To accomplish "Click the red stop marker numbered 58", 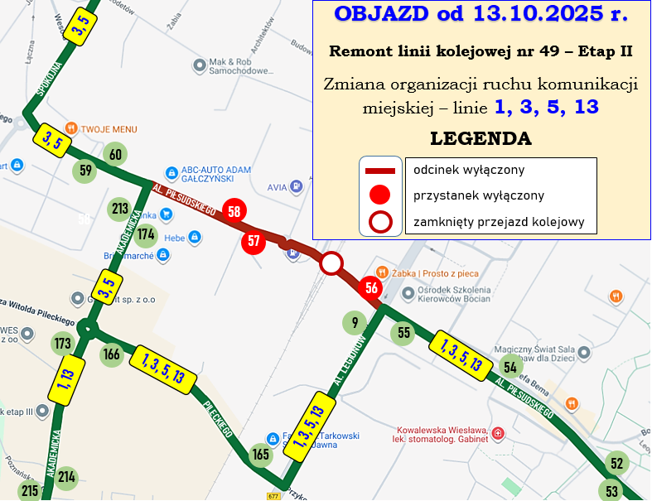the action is point(234,211).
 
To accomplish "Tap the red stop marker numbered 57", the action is point(254,242).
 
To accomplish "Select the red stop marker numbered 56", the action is point(371,288).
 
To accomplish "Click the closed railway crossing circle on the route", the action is point(331,264).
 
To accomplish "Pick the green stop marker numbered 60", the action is point(115,154).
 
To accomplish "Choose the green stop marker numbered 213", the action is point(120,208).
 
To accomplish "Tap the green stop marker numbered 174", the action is point(147,234).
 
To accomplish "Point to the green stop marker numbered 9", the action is point(354,322).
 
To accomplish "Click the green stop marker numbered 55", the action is point(403,333).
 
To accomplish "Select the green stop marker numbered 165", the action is point(261,454).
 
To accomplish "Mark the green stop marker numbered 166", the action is point(112,355).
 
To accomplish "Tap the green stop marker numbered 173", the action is point(63,342).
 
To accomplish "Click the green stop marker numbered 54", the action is point(510,367).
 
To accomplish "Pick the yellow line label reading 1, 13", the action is point(66,380).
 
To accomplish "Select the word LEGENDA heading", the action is point(481,137).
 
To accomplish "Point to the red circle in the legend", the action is point(379,195).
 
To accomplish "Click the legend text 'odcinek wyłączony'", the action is point(469,170).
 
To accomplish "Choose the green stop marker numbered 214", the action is point(67,476).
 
